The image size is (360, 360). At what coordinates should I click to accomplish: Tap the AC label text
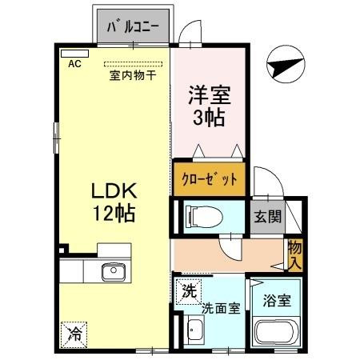point(74,64)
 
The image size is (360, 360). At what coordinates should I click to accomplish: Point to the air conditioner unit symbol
point(70,54)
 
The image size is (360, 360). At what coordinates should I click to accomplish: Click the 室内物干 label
point(132,76)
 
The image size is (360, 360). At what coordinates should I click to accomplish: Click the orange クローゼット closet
point(210,178)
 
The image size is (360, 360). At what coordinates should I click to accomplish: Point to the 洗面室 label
point(220,307)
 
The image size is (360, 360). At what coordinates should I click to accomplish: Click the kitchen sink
point(113,273)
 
